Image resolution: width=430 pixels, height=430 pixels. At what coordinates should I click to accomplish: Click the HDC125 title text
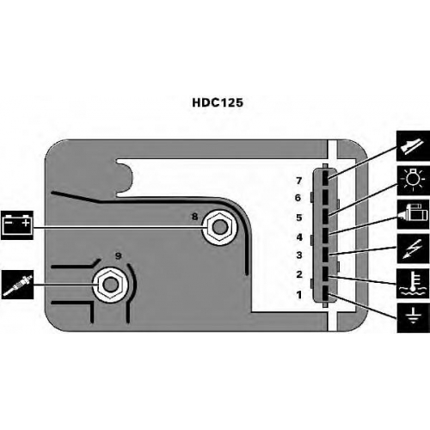click(x=218, y=102)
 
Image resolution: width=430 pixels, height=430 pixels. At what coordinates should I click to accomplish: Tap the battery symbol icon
click(x=17, y=225)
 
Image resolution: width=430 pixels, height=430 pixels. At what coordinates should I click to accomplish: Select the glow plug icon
click(x=17, y=285)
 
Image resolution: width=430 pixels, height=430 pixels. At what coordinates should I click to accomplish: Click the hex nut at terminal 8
click(x=219, y=227)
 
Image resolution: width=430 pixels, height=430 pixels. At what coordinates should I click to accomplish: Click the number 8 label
click(x=194, y=217)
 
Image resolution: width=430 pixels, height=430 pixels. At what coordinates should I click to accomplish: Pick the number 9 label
click(x=118, y=255)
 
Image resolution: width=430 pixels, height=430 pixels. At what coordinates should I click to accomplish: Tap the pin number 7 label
click(x=299, y=181)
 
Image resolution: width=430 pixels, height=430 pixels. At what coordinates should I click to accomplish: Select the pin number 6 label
click(x=298, y=198)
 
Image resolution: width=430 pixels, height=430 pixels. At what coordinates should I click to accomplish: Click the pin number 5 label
click(x=299, y=218)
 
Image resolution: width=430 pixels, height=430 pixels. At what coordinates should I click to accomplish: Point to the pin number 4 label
click(x=299, y=237)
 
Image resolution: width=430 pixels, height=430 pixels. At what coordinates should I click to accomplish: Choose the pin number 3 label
click(x=299, y=255)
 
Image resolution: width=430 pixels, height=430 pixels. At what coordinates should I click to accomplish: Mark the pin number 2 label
click(x=299, y=274)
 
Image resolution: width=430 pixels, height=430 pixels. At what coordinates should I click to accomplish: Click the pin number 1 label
click(x=299, y=295)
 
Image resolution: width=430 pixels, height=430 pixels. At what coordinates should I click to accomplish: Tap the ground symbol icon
click(x=413, y=318)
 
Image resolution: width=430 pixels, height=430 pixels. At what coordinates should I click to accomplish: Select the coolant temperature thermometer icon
click(x=413, y=284)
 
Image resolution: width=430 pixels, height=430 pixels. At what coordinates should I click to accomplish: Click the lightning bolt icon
click(x=413, y=249)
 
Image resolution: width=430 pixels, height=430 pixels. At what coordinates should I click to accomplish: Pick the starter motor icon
click(x=413, y=214)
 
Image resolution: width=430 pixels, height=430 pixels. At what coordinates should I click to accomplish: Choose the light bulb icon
click(x=413, y=180)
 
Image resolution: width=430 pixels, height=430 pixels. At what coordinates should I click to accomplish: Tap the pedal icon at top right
click(x=413, y=145)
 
